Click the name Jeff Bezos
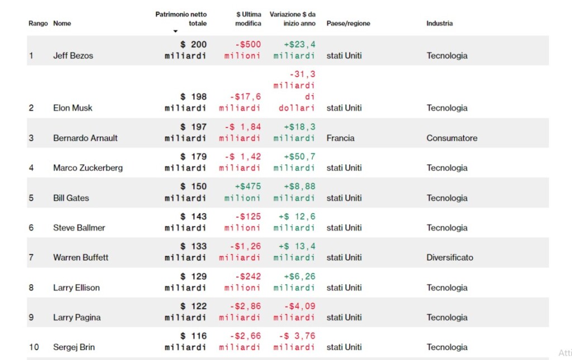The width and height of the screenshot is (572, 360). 73,55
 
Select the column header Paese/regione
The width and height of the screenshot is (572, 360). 348,23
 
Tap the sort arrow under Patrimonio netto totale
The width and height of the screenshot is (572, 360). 175,31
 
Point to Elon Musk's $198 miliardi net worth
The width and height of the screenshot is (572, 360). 185,102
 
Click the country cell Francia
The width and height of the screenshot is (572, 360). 340,138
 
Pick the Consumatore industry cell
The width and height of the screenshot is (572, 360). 451,138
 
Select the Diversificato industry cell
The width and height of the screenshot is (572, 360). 450,257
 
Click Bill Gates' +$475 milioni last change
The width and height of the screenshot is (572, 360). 242,192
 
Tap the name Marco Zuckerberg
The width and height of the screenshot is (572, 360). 88,168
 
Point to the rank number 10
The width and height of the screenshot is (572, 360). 34,347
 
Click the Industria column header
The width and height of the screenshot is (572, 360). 440,23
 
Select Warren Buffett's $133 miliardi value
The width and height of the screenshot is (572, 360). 185,252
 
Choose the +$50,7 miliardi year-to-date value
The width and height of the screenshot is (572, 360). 294,162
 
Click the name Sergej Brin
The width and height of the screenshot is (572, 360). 74,347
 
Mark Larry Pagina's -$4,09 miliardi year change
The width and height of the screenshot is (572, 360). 294,312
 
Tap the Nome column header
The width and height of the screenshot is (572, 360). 62,23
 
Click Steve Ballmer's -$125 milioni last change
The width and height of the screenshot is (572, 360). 242,222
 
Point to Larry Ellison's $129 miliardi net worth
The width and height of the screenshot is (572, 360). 185,282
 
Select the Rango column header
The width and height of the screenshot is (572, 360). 39,23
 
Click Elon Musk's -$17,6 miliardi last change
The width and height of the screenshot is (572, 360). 240,102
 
